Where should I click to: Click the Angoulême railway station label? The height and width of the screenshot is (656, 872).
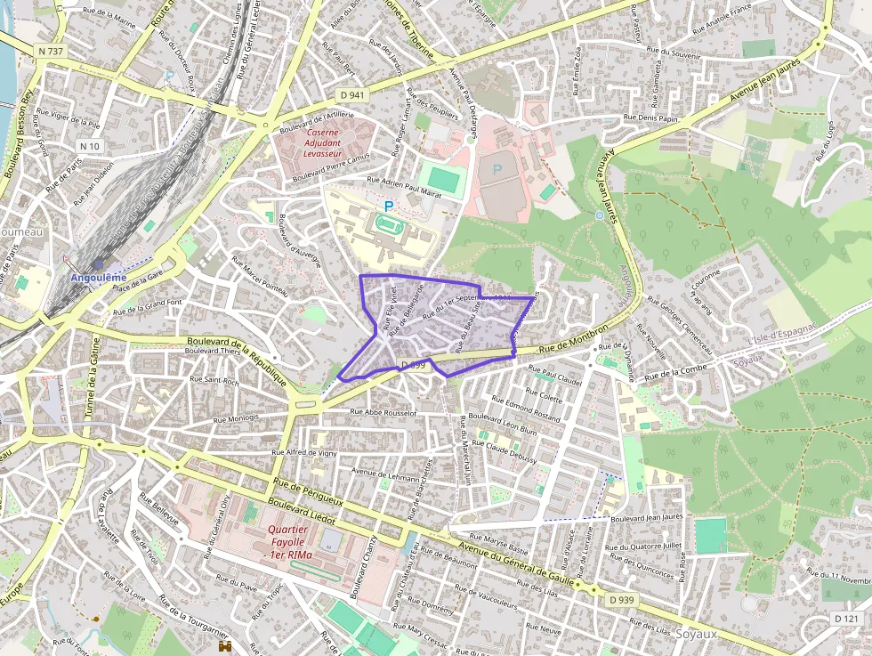coord(98,277)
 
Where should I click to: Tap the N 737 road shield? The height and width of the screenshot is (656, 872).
coord(52,52)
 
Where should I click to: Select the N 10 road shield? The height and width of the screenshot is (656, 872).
coord(90,146)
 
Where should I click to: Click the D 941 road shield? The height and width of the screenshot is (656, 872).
coord(352,93)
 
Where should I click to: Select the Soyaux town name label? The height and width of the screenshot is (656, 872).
coord(697,634)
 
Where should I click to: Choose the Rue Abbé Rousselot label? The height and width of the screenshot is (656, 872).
coord(384,412)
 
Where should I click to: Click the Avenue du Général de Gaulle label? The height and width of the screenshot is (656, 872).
coord(516,562)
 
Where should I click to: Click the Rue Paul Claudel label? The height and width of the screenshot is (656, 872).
coord(555,375)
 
